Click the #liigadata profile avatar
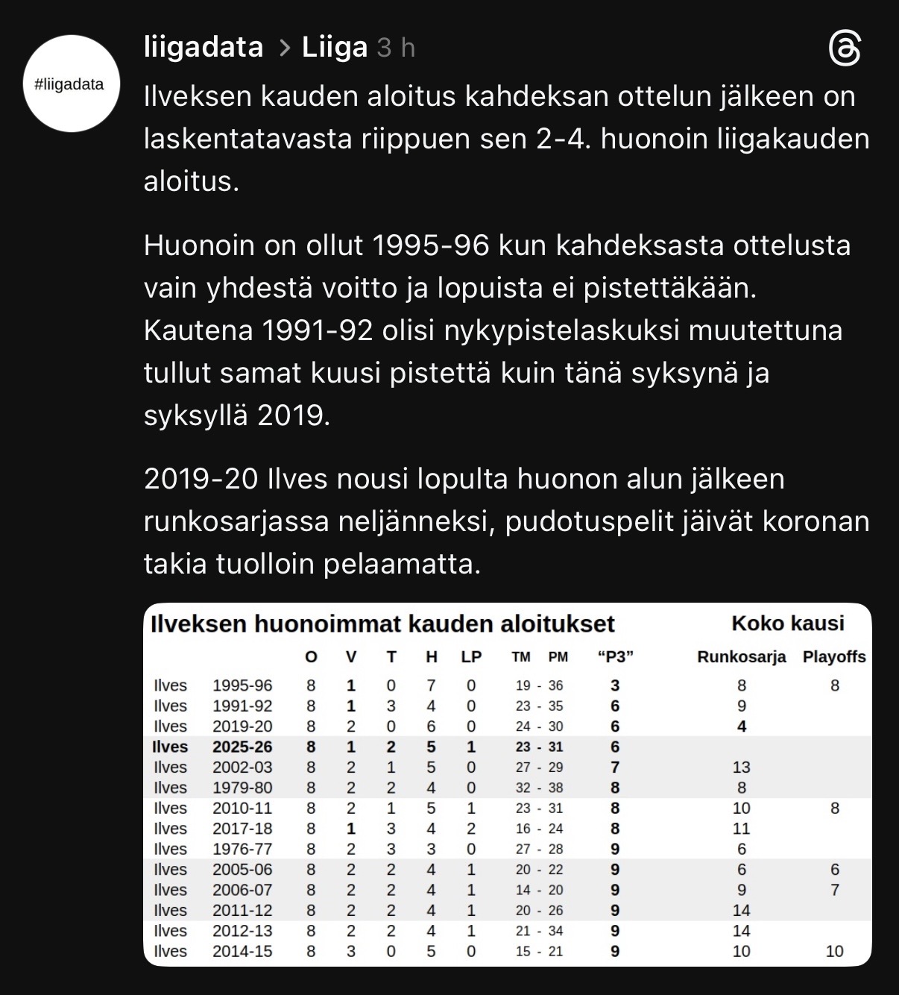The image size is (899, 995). [72, 84]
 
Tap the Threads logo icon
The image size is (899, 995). [845, 49]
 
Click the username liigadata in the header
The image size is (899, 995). [204, 48]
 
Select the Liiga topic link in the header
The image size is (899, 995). [335, 48]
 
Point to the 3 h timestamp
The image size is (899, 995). [396, 48]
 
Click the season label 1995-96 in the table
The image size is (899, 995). [242, 685]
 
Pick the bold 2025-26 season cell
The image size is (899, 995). [242, 747]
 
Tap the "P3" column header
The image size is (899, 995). [615, 657]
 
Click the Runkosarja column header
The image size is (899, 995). [741, 657]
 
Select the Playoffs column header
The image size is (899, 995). [834, 657]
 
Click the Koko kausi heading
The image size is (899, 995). [788, 624]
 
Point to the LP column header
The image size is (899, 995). [471, 657]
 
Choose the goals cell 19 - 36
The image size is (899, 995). [539, 685]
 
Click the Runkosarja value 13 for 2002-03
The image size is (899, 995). [741, 767]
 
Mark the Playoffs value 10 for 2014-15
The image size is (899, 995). [835, 951]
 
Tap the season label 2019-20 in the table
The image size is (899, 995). [242, 726]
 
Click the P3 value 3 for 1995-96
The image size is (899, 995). [615, 685]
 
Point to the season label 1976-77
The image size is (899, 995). [242, 849]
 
